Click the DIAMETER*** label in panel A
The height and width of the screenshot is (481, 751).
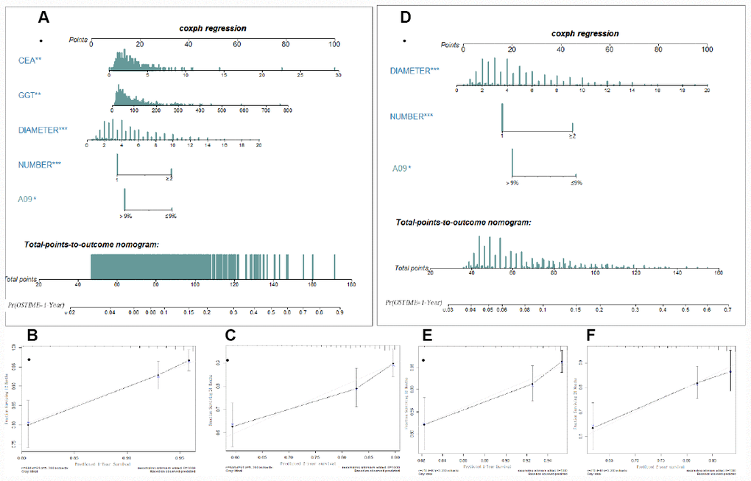click(x=43, y=130)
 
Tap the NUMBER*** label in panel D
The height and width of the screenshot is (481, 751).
click(x=415, y=116)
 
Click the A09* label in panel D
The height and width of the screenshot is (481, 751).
click(x=402, y=169)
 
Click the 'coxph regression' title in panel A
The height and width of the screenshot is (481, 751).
click(x=212, y=29)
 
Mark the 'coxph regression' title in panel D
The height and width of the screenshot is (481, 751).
click(x=585, y=33)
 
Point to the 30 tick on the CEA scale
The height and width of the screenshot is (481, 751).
click(x=338, y=76)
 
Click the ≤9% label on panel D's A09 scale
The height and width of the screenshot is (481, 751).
click(x=576, y=183)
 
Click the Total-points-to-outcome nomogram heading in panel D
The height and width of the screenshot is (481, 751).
click(x=463, y=222)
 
